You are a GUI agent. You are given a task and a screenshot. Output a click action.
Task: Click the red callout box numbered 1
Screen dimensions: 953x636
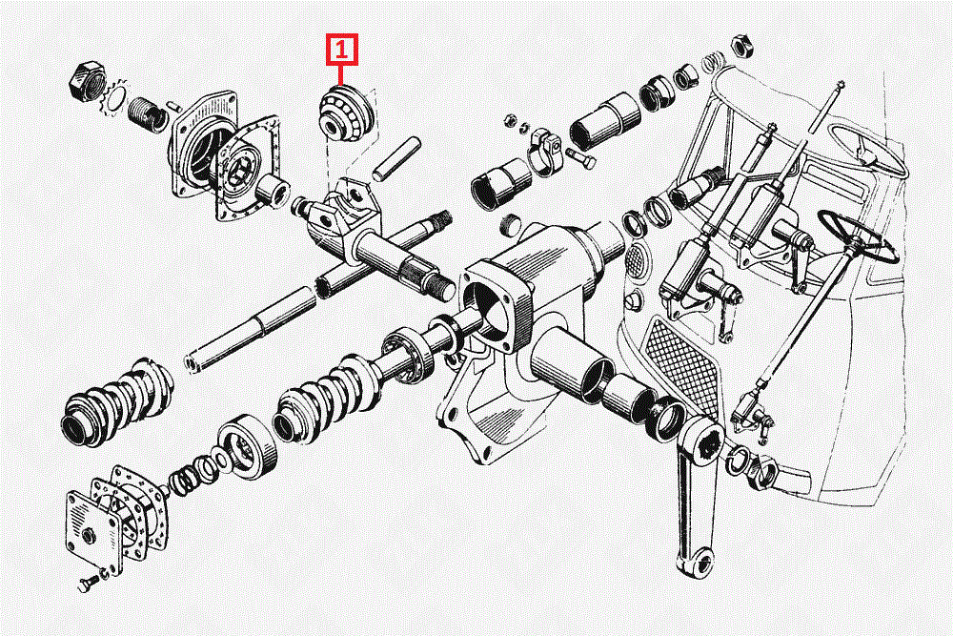click(x=341, y=50)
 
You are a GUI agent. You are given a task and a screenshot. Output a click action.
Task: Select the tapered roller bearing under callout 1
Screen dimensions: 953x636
click(x=344, y=114)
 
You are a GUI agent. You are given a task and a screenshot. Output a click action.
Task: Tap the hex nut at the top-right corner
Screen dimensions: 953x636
click(x=741, y=46)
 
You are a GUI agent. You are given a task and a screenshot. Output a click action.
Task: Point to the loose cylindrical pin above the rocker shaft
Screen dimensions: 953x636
click(x=396, y=159)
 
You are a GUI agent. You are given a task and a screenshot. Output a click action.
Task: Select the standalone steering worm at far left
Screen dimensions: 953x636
click(x=116, y=401)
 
